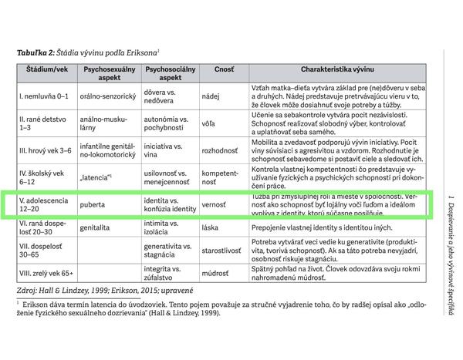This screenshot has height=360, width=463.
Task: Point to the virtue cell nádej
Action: pyautogui.click(x=221, y=97)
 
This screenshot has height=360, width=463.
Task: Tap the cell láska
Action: pyautogui.click(x=221, y=229)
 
